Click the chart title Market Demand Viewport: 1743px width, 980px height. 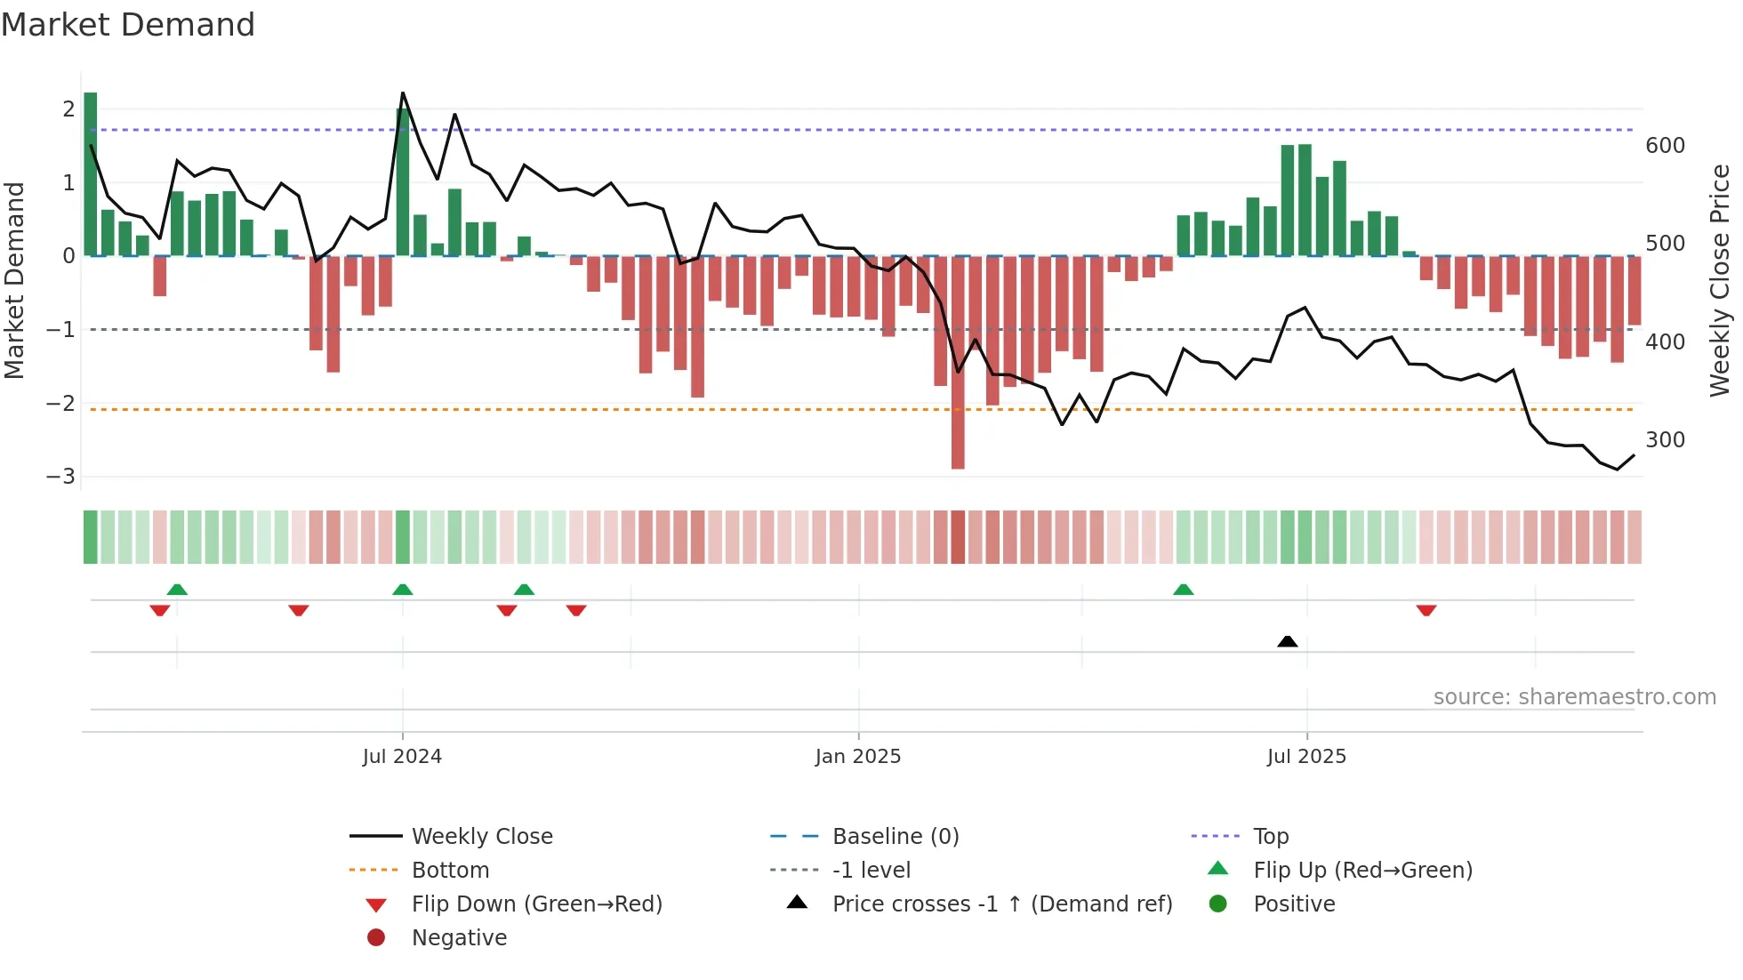tap(128, 25)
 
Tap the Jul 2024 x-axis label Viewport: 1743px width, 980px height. tap(402, 757)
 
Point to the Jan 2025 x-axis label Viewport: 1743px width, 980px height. tap(858, 757)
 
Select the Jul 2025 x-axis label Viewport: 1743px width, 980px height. tap(1306, 757)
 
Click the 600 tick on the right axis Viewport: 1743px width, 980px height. tap(1665, 146)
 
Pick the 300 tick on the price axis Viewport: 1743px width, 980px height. tap(1665, 440)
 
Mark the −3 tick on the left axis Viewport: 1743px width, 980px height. tap(60, 477)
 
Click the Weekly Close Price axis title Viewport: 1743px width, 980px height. tap(1720, 280)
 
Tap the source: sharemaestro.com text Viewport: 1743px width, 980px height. tap(1574, 697)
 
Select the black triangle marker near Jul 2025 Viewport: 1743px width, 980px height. tap(1287, 641)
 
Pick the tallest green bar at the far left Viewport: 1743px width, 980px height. tap(91, 173)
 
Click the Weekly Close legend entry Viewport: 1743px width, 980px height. tap(481, 837)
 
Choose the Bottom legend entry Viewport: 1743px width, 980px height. tap(450, 871)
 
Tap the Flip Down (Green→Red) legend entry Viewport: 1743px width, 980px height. tap(536, 904)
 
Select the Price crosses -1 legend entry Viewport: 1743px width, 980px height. tap(1001, 904)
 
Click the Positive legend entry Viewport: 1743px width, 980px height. tap(1294, 904)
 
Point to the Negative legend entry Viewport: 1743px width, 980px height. tap(459, 938)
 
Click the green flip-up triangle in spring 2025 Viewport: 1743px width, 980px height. tap(1183, 590)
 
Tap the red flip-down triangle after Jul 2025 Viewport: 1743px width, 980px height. tap(1426, 611)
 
